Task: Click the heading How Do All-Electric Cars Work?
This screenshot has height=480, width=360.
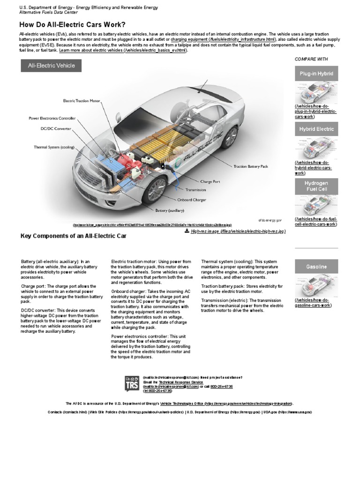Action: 72,24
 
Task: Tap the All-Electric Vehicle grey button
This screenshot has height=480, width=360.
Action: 51,66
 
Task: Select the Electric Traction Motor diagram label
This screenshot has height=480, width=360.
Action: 82,101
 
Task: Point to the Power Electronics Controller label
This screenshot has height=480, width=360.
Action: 52,119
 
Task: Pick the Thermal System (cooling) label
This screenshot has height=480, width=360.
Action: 54,147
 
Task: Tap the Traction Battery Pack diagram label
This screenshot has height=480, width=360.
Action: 251,166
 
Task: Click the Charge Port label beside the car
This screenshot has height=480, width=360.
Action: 210,181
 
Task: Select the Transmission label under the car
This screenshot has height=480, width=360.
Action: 196,190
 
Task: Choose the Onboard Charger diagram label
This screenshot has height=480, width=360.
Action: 191,200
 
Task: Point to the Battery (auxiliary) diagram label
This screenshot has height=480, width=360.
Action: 170,210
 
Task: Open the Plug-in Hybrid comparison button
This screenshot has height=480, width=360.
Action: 316,74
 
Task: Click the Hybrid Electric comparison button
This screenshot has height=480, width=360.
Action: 316,129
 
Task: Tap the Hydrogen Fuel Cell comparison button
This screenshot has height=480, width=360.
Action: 316,186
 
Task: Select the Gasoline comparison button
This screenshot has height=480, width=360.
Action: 316,267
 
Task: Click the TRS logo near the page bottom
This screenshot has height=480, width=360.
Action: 132,384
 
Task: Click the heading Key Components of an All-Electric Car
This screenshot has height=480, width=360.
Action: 74,236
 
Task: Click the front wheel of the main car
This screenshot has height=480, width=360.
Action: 156,190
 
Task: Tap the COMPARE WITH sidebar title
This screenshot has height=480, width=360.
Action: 311,59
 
